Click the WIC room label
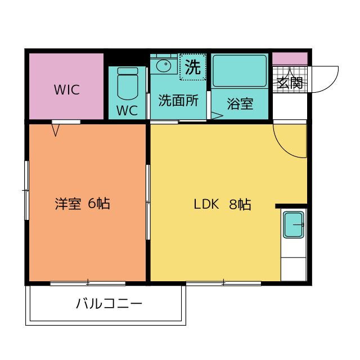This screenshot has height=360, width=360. (67, 90)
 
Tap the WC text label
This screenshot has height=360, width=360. (127, 110)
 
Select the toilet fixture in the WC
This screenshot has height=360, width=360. (128, 83)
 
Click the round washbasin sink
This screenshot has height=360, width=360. (164, 66)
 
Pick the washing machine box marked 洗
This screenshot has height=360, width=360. (192, 67)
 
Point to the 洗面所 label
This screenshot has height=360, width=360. (178, 100)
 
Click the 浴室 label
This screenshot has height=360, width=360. (240, 103)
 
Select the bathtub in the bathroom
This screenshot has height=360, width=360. (240, 71)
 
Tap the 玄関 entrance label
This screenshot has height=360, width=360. (290, 83)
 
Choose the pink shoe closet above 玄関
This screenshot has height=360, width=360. (290, 58)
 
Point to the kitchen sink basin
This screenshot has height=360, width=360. (294, 225)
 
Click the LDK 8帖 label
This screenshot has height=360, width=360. (223, 204)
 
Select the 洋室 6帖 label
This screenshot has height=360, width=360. (83, 204)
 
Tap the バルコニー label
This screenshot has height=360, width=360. (109, 304)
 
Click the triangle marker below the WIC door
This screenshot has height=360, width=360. (55, 130)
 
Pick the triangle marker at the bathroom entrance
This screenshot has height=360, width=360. (217, 115)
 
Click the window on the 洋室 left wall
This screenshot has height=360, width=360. (26, 190)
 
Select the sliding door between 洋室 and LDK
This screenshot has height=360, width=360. (148, 202)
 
